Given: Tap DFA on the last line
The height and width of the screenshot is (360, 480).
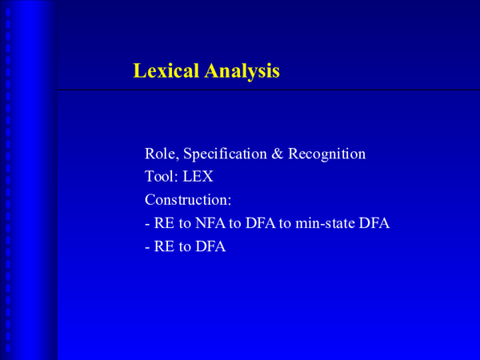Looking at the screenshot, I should (211, 246).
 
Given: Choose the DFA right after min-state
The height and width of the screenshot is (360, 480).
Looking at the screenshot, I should (374, 223).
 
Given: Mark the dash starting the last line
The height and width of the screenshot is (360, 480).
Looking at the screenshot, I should (147, 247).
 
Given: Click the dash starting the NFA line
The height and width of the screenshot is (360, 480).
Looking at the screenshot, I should (147, 224).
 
